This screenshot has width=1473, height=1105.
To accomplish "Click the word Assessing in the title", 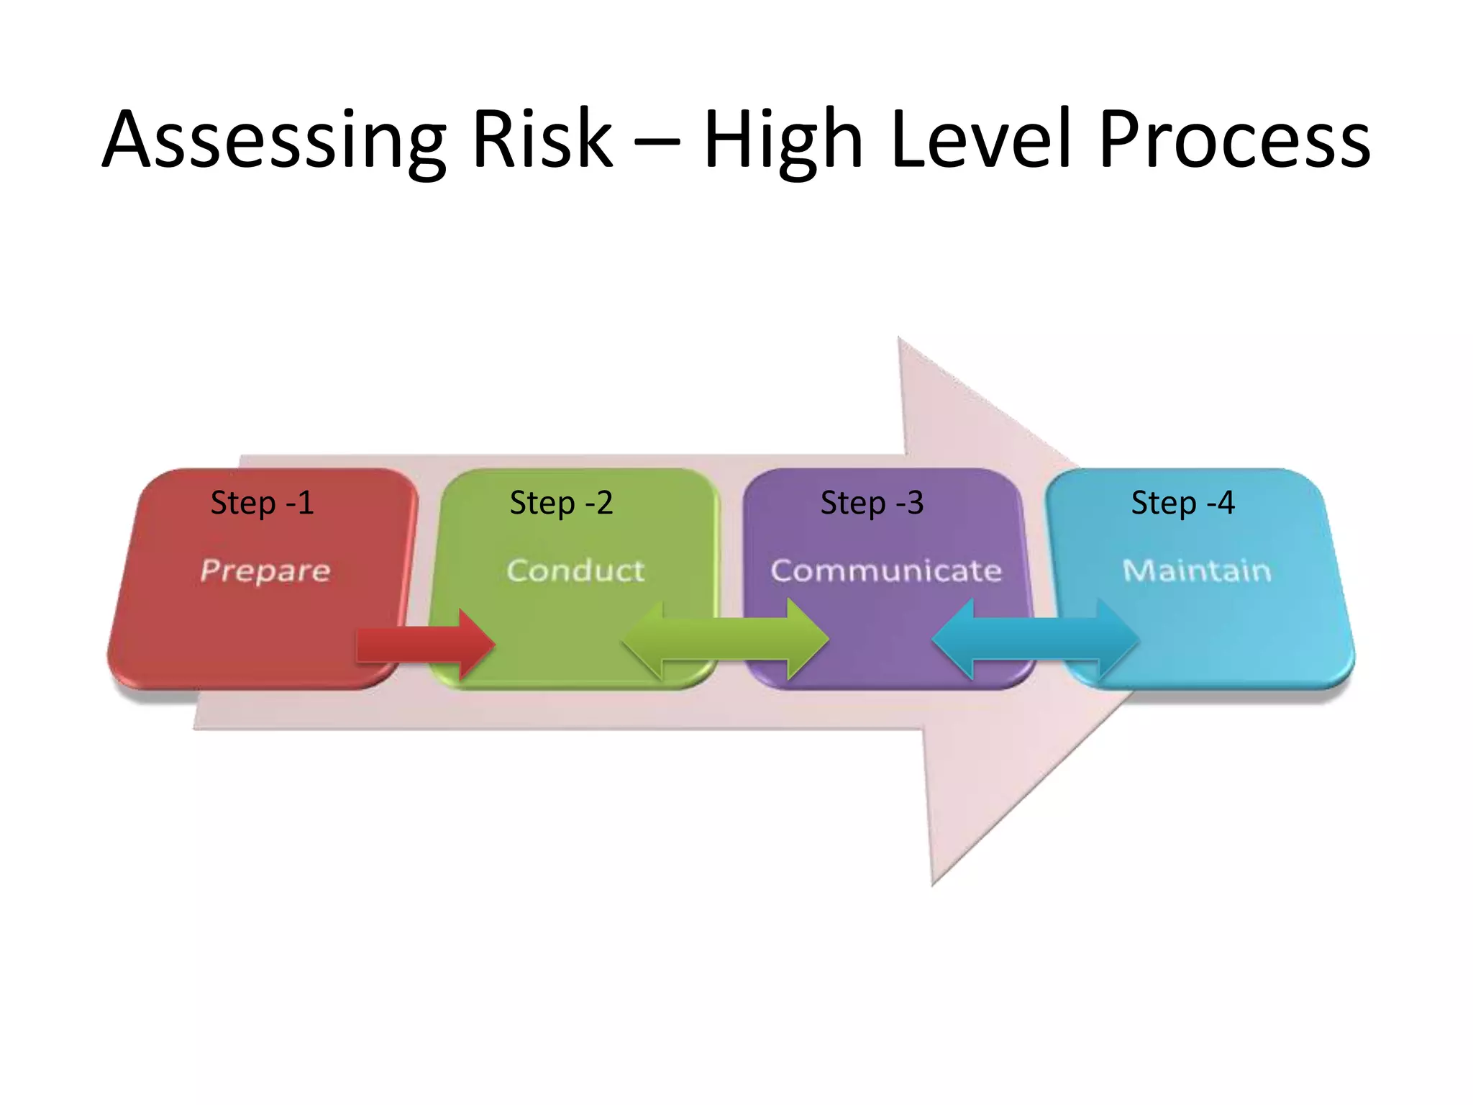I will [x=273, y=140].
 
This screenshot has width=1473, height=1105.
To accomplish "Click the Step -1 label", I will [x=262, y=503].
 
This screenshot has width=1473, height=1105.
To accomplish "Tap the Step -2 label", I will [x=561, y=503].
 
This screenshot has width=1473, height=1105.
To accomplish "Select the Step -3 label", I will [x=872, y=503].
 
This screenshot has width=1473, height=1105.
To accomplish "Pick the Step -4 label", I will [x=1182, y=503].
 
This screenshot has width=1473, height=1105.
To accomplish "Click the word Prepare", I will [x=265, y=571].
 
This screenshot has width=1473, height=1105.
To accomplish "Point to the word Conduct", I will [x=575, y=570].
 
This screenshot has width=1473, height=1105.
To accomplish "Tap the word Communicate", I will [x=886, y=570].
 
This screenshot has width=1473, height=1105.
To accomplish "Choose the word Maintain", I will [x=1197, y=570].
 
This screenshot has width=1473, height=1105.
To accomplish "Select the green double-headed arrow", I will [x=725, y=640].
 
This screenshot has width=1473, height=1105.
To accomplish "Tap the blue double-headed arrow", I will [x=1036, y=639].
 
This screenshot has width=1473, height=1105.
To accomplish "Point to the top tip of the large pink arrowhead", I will [x=900, y=338].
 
